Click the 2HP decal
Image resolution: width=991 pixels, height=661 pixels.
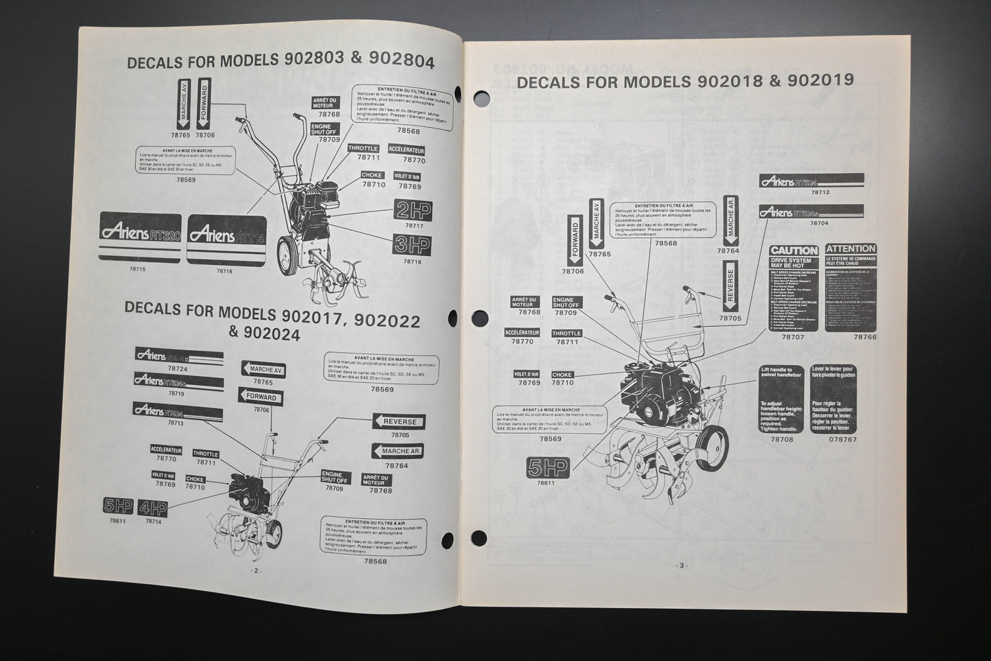[x=413, y=210]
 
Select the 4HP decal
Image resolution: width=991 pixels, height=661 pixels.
[x=153, y=507]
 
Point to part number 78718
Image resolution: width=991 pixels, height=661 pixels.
[x=224, y=271]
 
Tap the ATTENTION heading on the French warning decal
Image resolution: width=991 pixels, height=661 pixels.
[x=850, y=249]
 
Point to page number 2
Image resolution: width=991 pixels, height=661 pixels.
[x=256, y=570]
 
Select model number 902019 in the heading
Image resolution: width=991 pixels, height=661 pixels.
[x=821, y=80]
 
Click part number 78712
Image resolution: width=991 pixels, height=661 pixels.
[x=820, y=193]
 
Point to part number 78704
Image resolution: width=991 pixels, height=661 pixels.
[x=820, y=223]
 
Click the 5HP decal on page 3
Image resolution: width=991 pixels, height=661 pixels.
[x=547, y=467]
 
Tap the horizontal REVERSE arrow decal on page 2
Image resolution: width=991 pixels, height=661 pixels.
[x=399, y=421]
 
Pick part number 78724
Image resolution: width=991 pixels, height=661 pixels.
[x=177, y=369]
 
